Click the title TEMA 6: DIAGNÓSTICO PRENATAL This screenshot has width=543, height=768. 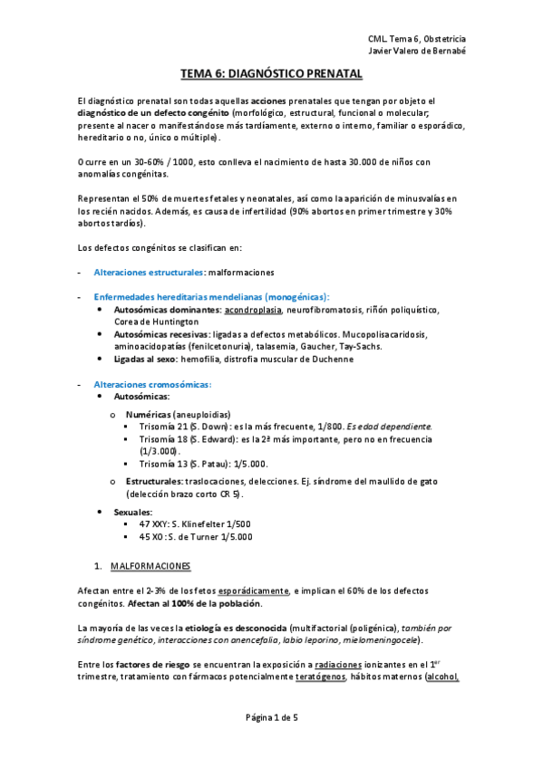[271, 73]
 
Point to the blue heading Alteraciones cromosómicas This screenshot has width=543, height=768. [151, 384]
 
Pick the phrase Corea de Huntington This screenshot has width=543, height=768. [156, 322]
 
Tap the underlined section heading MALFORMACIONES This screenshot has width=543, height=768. [150, 566]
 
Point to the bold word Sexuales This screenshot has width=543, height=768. [133, 512]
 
